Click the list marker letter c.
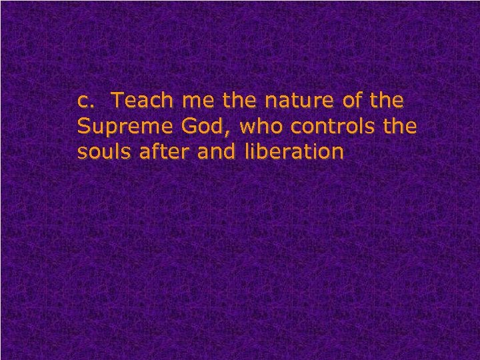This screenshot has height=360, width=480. pos(84,102)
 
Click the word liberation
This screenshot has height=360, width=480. pos(294,152)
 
